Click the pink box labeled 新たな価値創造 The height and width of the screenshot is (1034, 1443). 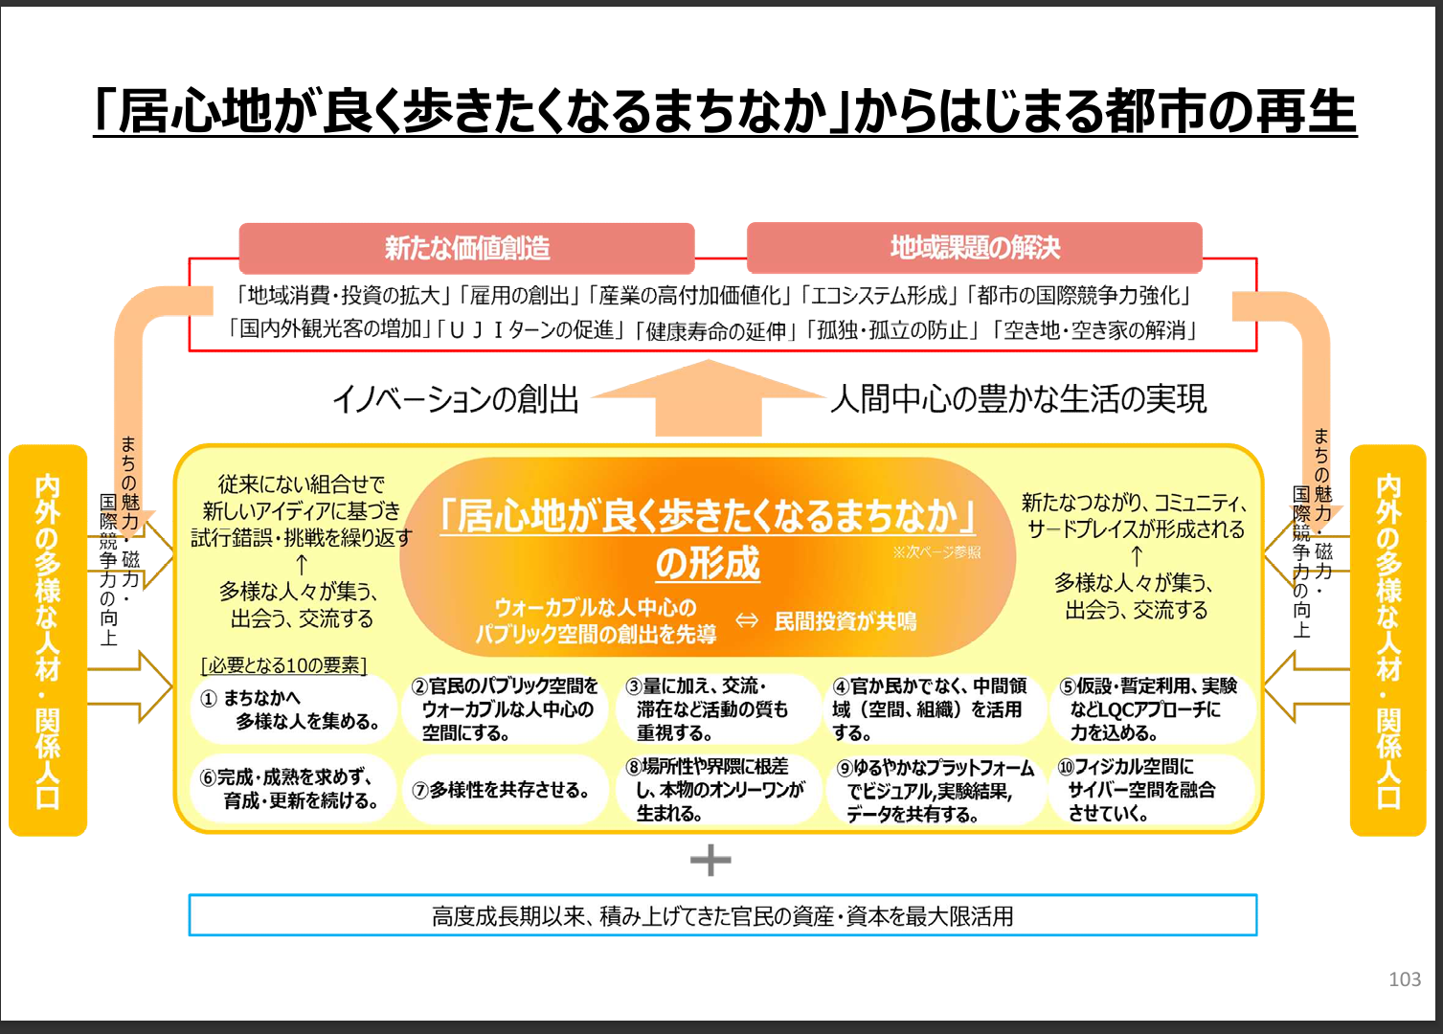[466, 248]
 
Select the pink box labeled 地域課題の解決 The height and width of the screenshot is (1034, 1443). [975, 247]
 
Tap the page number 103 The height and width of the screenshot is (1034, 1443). [1405, 979]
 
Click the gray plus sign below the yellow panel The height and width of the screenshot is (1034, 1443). [710, 860]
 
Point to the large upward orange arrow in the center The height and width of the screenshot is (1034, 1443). [709, 399]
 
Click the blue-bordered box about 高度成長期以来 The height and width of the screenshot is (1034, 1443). [722, 915]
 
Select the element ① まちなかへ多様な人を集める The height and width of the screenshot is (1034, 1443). [294, 709]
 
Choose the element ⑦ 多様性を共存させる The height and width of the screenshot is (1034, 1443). [505, 790]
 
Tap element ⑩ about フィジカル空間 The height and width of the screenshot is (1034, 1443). [1152, 790]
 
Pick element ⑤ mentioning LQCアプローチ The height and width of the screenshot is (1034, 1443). [1152, 709]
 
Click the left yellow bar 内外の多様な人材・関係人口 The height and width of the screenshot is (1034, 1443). [48, 641]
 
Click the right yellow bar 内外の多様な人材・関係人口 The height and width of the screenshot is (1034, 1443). [1387, 641]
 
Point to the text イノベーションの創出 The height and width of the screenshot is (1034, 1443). [455, 399]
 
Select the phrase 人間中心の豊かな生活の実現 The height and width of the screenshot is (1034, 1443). [1019, 399]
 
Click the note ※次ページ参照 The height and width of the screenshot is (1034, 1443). [936, 552]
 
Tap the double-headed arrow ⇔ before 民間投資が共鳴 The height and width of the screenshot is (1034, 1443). [747, 620]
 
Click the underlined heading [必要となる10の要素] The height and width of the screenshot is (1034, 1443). [284, 664]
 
